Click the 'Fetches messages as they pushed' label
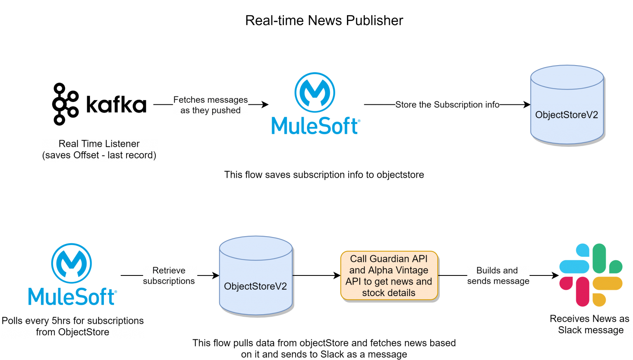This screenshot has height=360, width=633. pos(210,105)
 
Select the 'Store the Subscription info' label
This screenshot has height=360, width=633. pos(447,105)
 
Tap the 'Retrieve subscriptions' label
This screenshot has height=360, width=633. pos(169,276)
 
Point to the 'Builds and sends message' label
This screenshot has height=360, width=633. pos(498,276)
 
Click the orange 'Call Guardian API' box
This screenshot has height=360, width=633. pos(389,275)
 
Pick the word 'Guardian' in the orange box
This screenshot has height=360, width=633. pos(389,259)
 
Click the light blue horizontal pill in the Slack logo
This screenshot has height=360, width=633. pos(574,267)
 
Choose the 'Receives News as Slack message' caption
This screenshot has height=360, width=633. pos(590,325)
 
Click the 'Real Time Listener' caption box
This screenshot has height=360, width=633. pos(100,150)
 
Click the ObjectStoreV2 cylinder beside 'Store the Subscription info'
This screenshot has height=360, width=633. pos(567,105)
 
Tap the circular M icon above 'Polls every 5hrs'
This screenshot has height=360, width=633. pos(72,264)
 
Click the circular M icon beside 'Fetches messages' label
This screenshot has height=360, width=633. pos(315,92)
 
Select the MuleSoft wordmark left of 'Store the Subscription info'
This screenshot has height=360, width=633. pos(316,125)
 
